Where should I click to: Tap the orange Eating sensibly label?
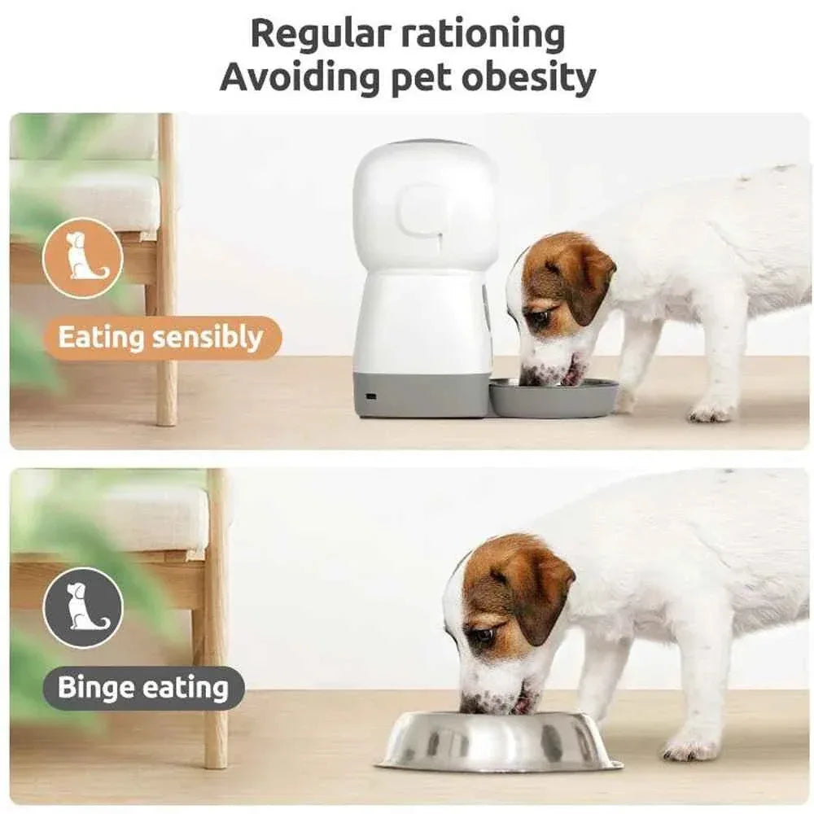160,338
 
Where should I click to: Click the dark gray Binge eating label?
142,688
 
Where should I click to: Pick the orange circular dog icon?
82,258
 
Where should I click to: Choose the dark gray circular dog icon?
82,607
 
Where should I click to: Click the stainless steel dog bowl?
498,742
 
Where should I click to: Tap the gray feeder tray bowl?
554,399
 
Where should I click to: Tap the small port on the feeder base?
371,396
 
